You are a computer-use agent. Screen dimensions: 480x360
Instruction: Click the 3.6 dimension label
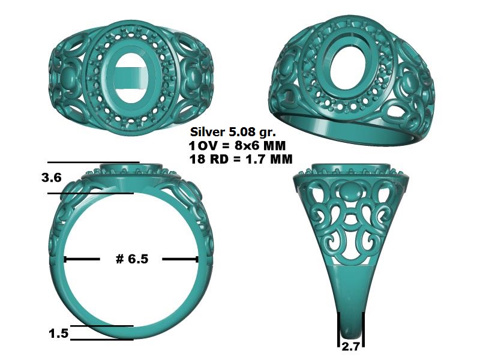[52, 178]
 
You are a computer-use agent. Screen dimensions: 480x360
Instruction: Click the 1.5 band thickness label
[58, 334]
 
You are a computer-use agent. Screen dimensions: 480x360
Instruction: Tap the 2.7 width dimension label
[350, 347]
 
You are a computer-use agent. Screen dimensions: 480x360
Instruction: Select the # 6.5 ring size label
[132, 259]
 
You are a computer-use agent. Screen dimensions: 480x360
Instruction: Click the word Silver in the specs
[207, 132]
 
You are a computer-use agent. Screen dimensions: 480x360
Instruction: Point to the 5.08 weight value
[241, 132]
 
